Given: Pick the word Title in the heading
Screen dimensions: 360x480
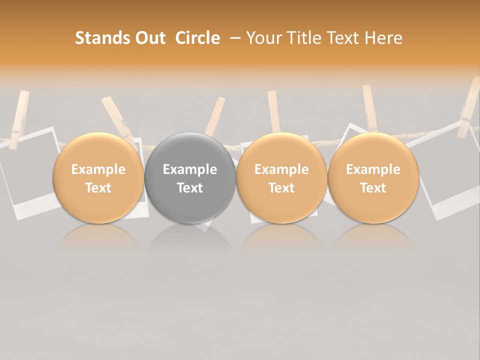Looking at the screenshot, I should tap(304, 38).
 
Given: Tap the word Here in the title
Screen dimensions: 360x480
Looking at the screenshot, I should tap(385, 38).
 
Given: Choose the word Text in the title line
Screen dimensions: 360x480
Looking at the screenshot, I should tap(345, 38).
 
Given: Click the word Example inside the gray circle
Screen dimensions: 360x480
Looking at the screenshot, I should tap(190, 169).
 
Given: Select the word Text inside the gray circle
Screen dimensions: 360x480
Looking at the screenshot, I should tap(190, 188).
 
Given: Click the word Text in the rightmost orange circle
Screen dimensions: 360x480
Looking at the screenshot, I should tap(373, 188).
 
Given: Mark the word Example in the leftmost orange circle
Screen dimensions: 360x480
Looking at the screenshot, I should tap(98, 169).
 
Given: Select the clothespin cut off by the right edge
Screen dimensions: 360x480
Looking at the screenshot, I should tap(470, 107).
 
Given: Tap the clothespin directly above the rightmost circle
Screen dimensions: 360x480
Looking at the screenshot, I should tap(370, 107).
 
